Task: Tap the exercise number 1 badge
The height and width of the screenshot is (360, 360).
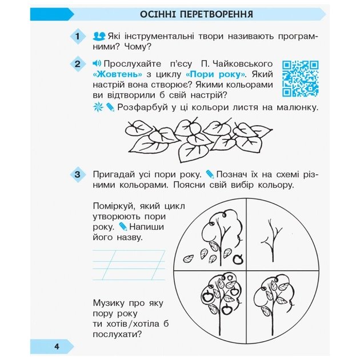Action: pyautogui.click(x=78, y=38)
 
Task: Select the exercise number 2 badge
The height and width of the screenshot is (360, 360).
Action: pyautogui.click(x=78, y=64)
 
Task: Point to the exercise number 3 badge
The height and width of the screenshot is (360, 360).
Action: pyautogui.click(x=78, y=174)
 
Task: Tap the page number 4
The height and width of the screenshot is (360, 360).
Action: pyautogui.click(x=57, y=346)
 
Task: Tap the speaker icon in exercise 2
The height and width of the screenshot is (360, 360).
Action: pyautogui.click(x=96, y=63)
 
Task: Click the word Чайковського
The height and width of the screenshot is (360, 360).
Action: pyautogui.click(x=242, y=63)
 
